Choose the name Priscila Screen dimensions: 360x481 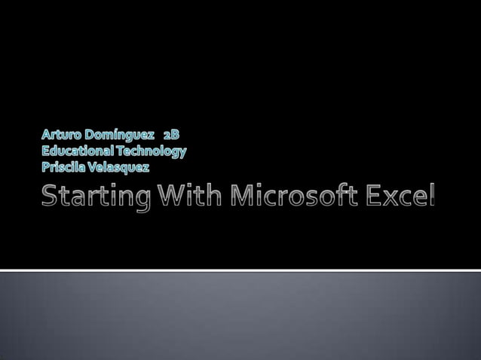pyautogui.click(x=63, y=166)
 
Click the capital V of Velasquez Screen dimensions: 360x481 pyautogui.click(x=93, y=166)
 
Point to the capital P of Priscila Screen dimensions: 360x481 pyautogui.click(x=44, y=166)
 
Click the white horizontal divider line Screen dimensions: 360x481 pyautogui.click(x=240, y=270)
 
